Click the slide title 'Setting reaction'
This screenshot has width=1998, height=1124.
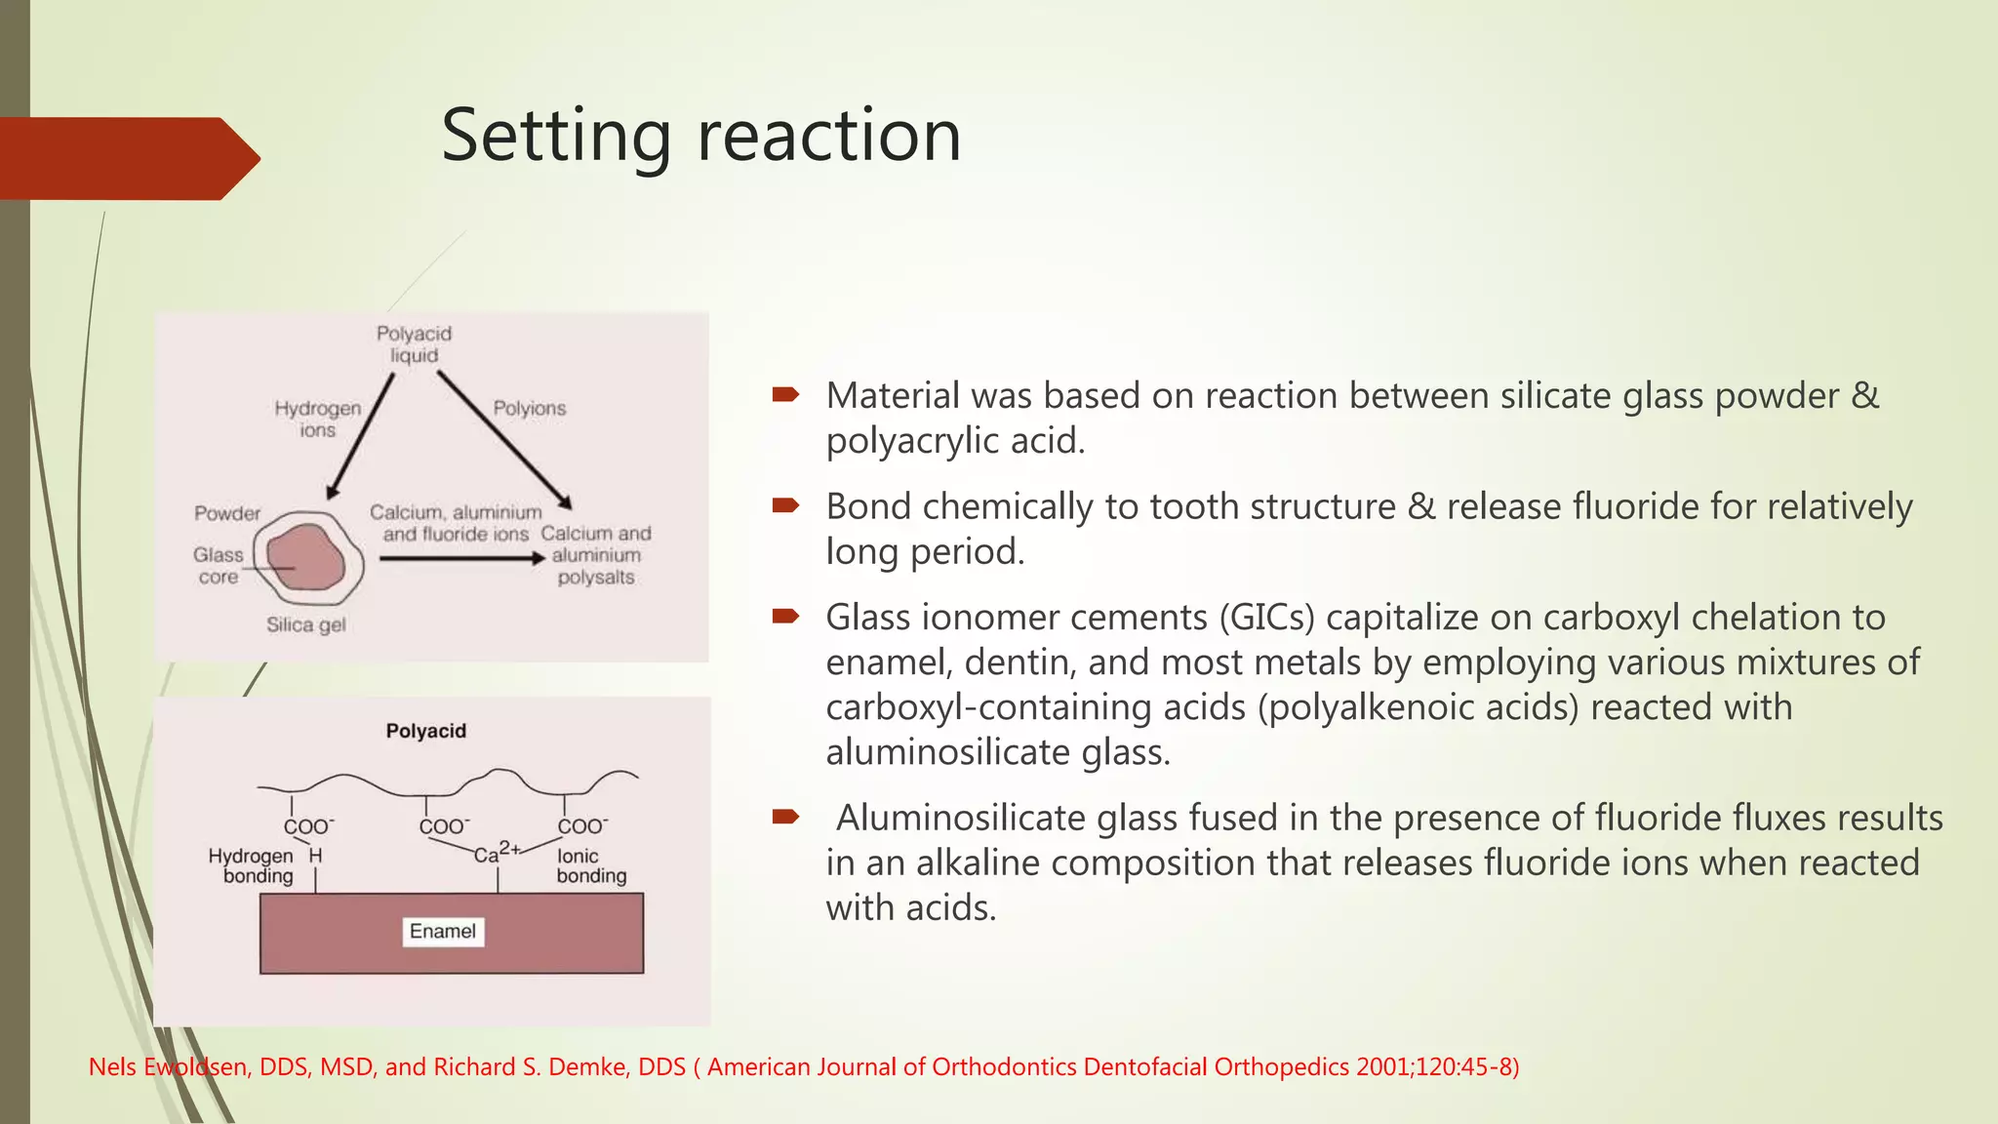[x=700, y=136]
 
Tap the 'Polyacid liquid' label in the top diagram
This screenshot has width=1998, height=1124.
[x=415, y=344]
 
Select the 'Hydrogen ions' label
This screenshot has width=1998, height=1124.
[x=318, y=419]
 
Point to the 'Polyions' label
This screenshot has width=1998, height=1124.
[x=530, y=408]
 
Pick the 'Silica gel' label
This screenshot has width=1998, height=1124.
[x=306, y=624]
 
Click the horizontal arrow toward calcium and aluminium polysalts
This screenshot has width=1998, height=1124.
[x=461, y=558]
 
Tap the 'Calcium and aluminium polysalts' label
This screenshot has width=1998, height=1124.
[x=596, y=555]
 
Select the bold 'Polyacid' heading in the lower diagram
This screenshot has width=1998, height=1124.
[x=426, y=731]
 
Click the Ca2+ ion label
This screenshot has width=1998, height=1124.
[x=496, y=852]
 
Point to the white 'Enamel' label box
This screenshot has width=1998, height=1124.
[x=443, y=931]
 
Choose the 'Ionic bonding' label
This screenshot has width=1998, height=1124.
[x=591, y=865]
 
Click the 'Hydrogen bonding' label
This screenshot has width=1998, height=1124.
[x=252, y=865]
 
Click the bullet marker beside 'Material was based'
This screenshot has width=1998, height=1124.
[x=785, y=394]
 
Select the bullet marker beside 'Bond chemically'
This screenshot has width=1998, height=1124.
[x=785, y=505]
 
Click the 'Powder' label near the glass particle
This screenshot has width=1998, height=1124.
[x=227, y=513]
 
